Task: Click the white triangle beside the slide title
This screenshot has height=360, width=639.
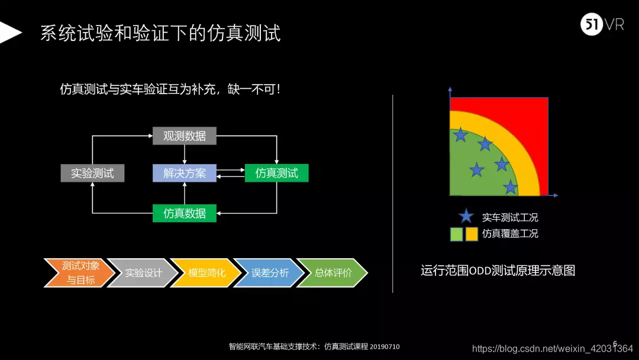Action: pyautogui.click(x=9, y=33)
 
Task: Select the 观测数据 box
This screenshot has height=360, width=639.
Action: pyautogui.click(x=185, y=136)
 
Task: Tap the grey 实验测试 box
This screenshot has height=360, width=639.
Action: pyautogui.click(x=92, y=173)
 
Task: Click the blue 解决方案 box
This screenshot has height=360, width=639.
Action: pyautogui.click(x=185, y=173)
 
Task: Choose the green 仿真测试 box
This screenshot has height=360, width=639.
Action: pyautogui.click(x=276, y=173)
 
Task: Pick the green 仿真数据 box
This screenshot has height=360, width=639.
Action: pyautogui.click(x=185, y=213)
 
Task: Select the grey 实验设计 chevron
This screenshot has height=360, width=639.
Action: pyautogui.click(x=143, y=273)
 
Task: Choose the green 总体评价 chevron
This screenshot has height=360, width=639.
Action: pyautogui.click(x=332, y=273)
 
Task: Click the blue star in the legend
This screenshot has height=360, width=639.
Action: pyautogui.click(x=466, y=217)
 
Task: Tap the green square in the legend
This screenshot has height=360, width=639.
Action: pyautogui.click(x=456, y=234)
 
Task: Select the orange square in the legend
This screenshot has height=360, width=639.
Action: pyautogui.click(x=472, y=234)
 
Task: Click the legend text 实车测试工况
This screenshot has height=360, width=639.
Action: pyautogui.click(x=510, y=217)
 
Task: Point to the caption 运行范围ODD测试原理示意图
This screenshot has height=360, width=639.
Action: pyautogui.click(x=498, y=271)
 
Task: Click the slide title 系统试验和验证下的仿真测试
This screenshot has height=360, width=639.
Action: pyautogui.click(x=160, y=33)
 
